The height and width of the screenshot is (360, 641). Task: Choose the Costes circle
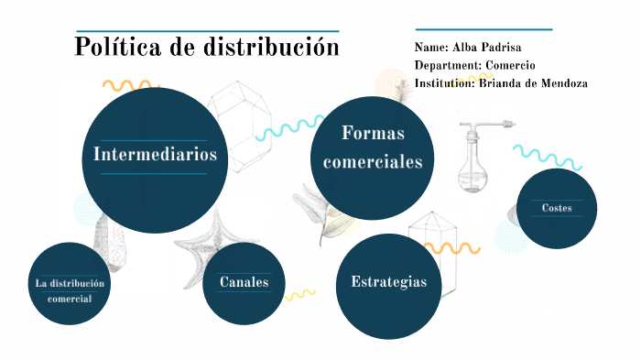click(556, 209)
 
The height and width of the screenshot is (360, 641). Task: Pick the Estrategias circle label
click(388, 281)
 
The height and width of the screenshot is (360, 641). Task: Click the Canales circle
click(243, 282)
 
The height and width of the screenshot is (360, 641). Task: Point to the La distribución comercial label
click(70, 290)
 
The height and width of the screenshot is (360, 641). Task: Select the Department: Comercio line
click(474, 65)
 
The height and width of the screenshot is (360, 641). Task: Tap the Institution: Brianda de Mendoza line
click(500, 83)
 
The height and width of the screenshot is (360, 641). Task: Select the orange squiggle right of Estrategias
click(454, 247)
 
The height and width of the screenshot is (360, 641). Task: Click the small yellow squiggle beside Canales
click(299, 294)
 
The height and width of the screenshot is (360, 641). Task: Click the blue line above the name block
click(483, 29)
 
